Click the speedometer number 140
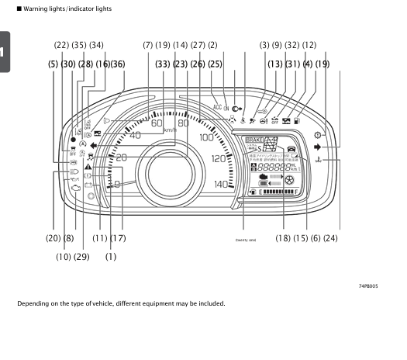(222, 184)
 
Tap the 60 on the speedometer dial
(157, 123)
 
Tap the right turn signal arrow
(329, 146)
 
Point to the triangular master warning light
(90, 167)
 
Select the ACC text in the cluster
(216, 106)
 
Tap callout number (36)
(118, 64)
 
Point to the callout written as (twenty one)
(246, 239)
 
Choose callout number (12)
(309, 45)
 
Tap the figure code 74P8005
(368, 286)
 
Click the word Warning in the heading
(36, 9)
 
